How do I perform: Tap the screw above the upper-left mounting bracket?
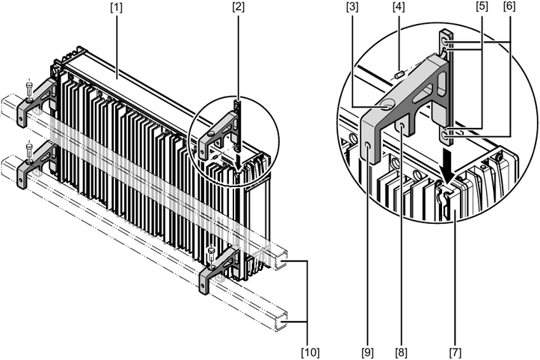click(x=28, y=87)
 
